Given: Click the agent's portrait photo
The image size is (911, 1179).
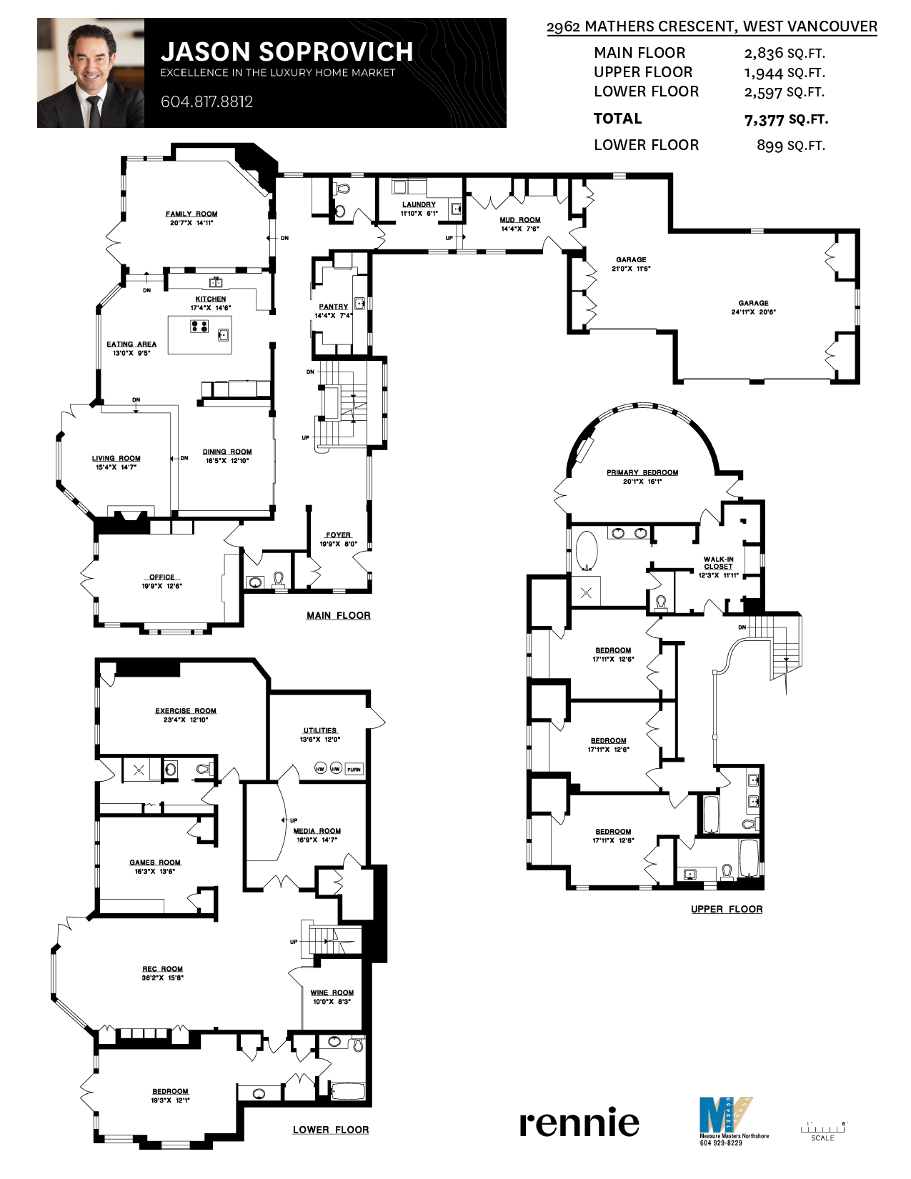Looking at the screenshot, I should (91, 74).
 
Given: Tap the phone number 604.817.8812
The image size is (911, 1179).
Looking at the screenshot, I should (206, 101).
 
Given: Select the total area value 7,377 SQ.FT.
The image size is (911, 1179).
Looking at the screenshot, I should (786, 120).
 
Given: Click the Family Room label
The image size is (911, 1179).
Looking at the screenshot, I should (191, 214).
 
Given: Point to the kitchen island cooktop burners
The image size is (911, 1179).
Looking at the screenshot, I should (199, 327).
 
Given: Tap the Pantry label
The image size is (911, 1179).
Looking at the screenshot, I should (334, 307).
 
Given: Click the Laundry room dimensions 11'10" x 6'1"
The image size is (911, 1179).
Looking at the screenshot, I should (419, 213).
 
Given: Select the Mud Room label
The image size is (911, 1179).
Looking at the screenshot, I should (520, 220).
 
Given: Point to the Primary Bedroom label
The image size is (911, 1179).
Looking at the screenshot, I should (642, 472).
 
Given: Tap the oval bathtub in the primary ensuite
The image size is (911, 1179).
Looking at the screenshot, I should (587, 550).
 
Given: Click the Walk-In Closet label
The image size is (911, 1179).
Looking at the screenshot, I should (718, 563).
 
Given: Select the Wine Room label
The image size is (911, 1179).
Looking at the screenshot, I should (332, 993).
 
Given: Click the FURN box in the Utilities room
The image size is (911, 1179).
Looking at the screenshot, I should (354, 769).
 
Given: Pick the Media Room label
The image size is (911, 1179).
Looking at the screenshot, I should (317, 831).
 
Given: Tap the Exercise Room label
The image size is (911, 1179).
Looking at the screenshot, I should (186, 711).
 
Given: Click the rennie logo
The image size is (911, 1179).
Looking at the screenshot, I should (579, 1123).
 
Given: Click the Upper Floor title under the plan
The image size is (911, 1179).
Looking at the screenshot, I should (727, 909).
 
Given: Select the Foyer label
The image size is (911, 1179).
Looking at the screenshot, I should (339, 534).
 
